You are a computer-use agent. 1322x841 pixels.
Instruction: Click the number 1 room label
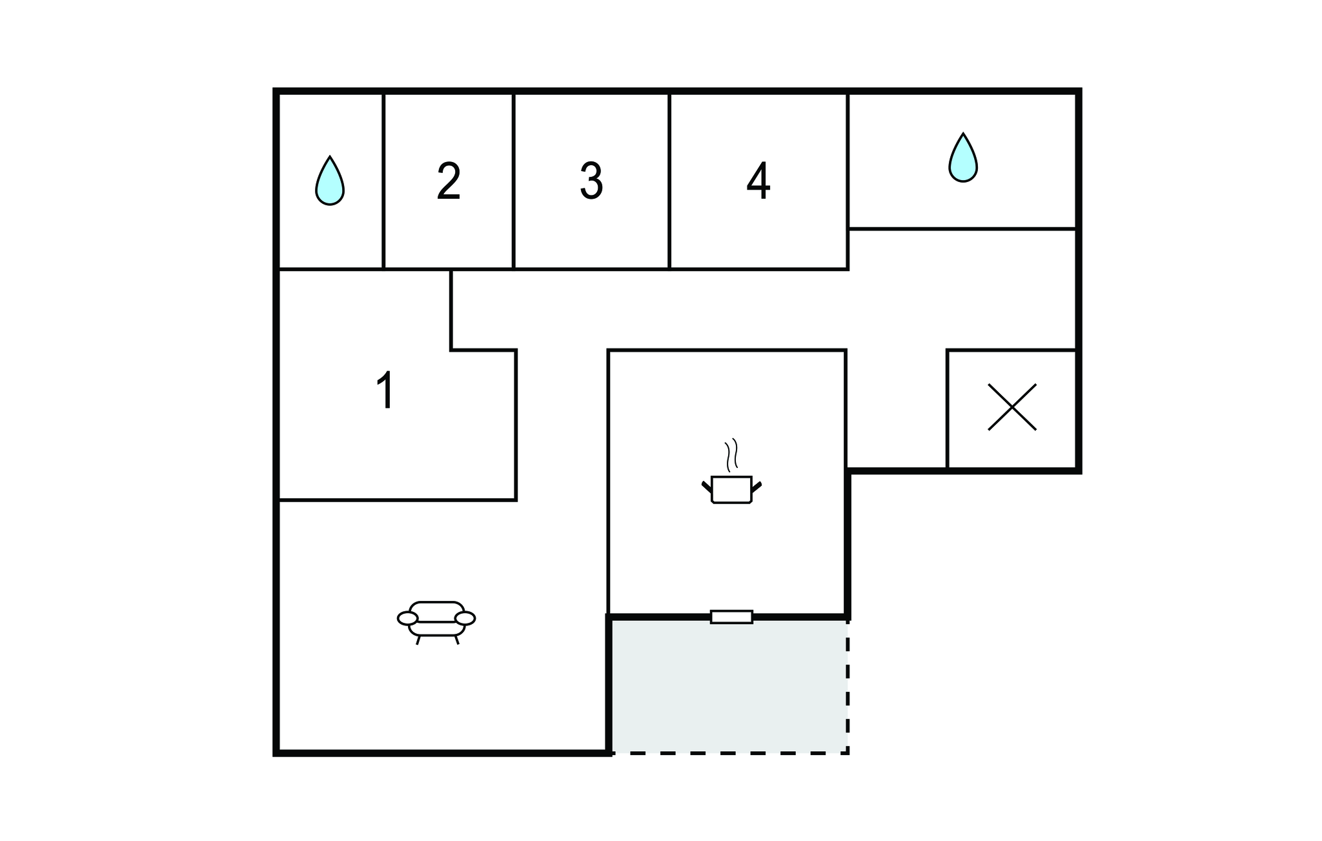pos(385,390)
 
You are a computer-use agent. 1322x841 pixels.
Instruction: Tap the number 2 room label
pos(449,181)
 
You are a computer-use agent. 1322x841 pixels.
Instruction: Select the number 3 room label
pos(591,181)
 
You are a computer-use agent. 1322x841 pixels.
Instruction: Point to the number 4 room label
pos(758,181)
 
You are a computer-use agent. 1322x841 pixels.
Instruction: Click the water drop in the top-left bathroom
pos(330,181)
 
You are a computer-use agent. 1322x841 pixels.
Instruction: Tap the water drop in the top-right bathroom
pos(963,157)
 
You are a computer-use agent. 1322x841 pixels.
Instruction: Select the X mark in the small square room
pos(1012,407)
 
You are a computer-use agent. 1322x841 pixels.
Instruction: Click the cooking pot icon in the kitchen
pos(731,489)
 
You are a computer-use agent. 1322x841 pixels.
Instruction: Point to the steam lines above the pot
pos(731,455)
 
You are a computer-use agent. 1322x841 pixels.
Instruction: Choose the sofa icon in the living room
pos(436,622)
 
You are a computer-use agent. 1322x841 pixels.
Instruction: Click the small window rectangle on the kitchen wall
pos(731,617)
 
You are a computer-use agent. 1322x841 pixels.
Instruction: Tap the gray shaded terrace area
pos(729,685)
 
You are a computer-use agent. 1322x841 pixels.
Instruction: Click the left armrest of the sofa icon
pos(408,618)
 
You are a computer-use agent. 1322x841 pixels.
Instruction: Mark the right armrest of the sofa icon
pos(465,618)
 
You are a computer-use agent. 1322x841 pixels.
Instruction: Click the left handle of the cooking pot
pos(707,487)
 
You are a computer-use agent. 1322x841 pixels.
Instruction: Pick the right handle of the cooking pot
pos(757,487)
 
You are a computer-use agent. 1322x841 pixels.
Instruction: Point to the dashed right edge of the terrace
pos(848,685)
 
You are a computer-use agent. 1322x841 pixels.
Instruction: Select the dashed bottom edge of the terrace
pos(729,753)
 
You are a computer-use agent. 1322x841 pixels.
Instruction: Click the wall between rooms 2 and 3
pos(513,181)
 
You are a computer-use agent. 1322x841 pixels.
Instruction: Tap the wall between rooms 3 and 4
pos(669,181)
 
